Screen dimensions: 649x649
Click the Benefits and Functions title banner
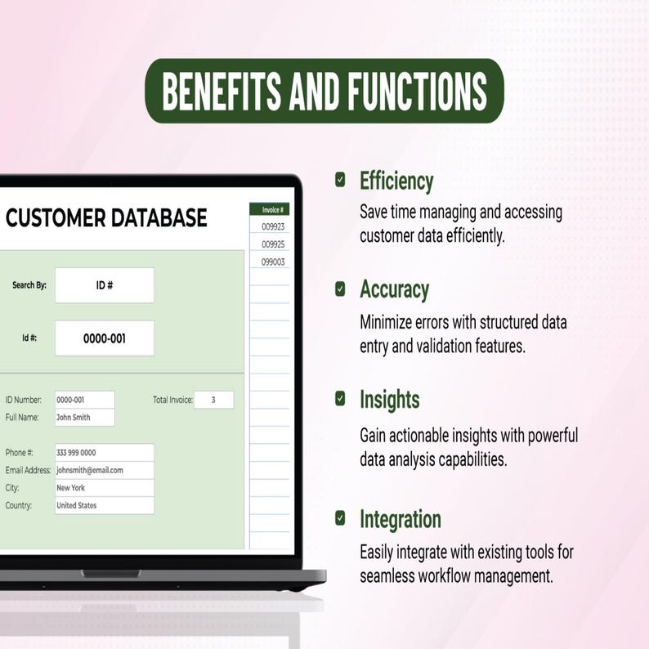coord(324,91)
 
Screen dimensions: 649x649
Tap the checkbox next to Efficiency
coord(340,180)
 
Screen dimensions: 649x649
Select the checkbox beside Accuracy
coord(340,289)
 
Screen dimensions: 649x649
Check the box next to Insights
coord(340,399)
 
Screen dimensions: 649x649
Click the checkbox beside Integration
coord(340,517)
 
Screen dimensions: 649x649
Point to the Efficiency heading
coord(396,181)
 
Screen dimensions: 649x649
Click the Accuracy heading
coord(395,289)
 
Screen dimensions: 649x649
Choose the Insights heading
coord(390,400)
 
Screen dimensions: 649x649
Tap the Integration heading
coord(401,520)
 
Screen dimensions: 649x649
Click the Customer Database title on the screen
coord(106,217)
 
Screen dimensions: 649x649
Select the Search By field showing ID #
coord(105,285)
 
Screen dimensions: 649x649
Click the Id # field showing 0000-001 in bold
coord(105,338)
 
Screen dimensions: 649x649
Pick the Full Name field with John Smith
coord(85,417)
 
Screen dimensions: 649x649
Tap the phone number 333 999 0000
coord(76,452)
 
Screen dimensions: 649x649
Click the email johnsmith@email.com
coord(90,470)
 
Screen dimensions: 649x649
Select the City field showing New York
coord(105,488)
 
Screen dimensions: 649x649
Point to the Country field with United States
coord(105,505)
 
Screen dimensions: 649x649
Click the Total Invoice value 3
coord(213,400)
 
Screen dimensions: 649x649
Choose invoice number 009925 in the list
coord(273,244)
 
